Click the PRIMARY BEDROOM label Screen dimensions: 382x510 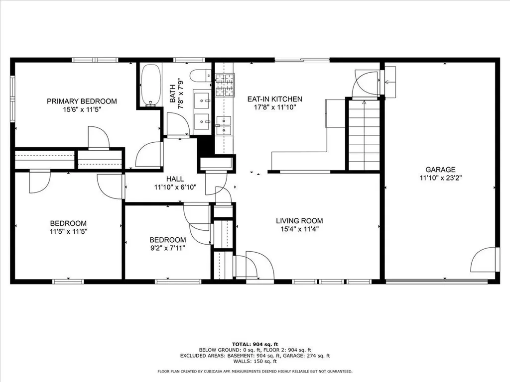(82, 101)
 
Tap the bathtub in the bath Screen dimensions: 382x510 (149, 85)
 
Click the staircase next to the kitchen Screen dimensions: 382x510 (364, 135)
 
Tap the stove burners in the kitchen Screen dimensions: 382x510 (225, 86)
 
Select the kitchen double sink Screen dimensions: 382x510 (224, 125)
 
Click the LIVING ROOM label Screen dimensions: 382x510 (299, 221)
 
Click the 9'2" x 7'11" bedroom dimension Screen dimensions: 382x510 (168, 248)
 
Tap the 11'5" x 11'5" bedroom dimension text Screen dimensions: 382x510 (68, 231)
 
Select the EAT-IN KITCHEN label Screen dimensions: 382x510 (274, 99)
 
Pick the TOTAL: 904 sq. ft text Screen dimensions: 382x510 (255, 344)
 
